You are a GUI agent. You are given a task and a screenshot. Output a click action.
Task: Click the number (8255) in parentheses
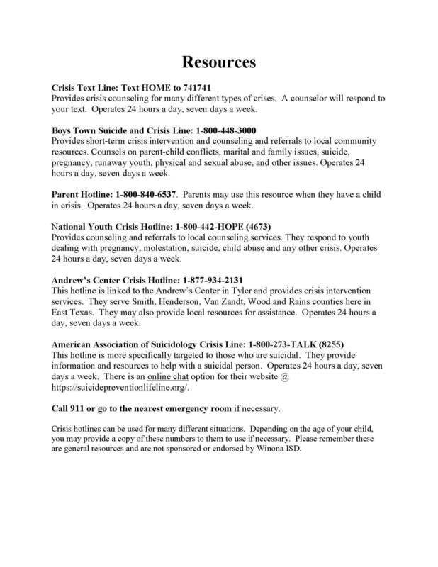point(339,345)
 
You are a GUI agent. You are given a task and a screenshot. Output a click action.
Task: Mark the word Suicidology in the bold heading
point(182,345)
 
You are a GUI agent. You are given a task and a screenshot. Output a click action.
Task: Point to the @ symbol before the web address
point(284,378)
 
